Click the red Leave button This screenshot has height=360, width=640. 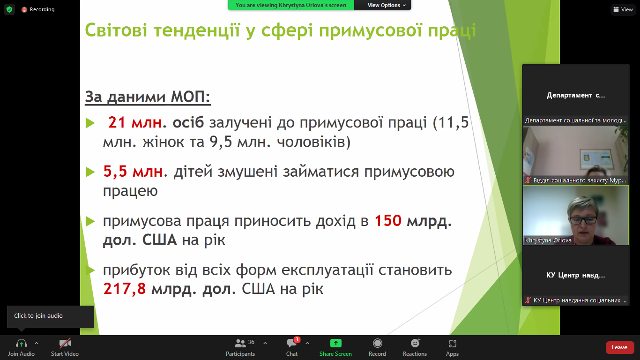tap(619, 347)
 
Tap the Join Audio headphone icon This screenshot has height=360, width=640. tap(22, 343)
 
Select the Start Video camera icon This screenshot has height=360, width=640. tap(65, 343)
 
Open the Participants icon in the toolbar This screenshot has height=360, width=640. tap(240, 343)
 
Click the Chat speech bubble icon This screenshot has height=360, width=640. tap(292, 343)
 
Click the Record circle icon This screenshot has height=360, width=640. tap(378, 343)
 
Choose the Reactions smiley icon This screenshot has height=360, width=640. tap(415, 343)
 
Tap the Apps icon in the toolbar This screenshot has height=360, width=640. tap(452, 343)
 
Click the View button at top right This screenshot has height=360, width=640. tap(623, 9)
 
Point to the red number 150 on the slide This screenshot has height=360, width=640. tap(388, 221)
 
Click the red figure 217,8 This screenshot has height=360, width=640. tap(125, 289)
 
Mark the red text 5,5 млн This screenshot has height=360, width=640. tap(133, 172)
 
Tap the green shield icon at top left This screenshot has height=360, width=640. tap(9, 9)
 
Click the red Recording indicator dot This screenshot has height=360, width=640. tap(24, 9)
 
